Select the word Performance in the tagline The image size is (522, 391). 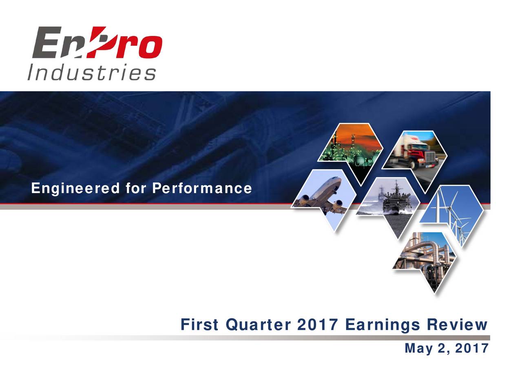pyautogui.click(x=202, y=188)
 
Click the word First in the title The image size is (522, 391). pyautogui.click(x=199, y=325)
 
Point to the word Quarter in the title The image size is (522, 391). pyautogui.click(x=258, y=325)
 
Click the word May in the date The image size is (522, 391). pyautogui.click(x=418, y=348)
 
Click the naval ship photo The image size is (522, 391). pyautogui.click(x=389, y=204)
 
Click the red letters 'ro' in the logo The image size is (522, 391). pyautogui.click(x=143, y=45)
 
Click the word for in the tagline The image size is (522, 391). pyautogui.click(x=136, y=188)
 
